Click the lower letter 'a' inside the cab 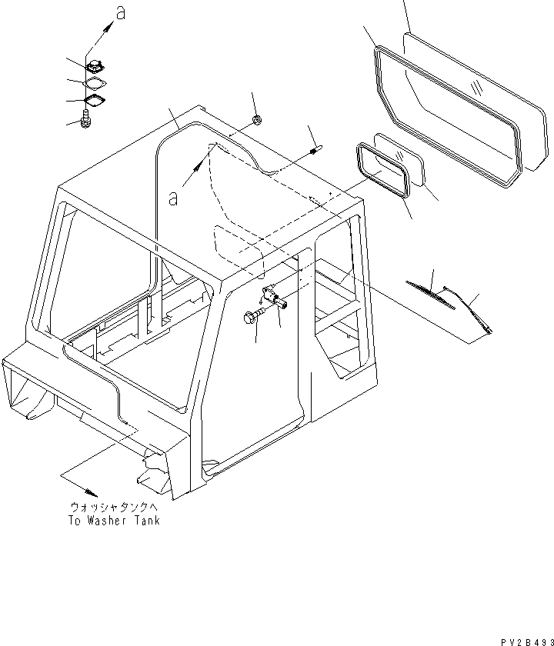coord(174,198)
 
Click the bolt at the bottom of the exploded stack coord(85,120)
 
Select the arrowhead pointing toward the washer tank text coord(92,491)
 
